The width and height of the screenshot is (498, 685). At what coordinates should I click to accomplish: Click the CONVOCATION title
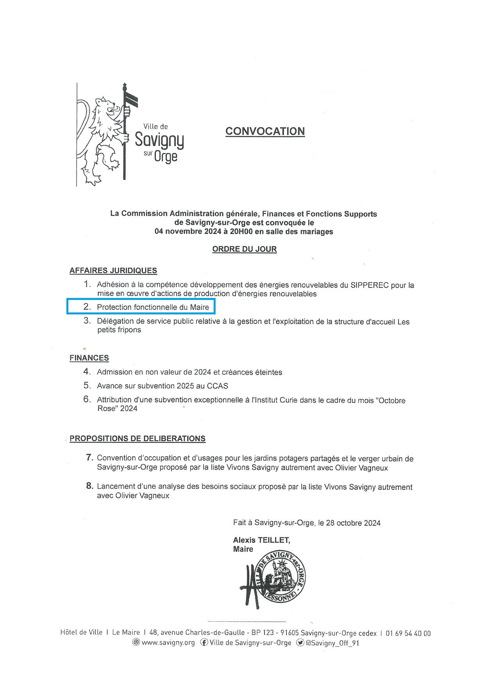(265, 131)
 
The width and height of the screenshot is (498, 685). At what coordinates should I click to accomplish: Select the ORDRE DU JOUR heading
(245, 249)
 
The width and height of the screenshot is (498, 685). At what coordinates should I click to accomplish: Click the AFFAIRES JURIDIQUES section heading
(113, 271)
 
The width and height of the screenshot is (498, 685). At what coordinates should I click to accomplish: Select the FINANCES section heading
(89, 358)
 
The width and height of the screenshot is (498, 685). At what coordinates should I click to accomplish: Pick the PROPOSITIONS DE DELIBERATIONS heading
(137, 439)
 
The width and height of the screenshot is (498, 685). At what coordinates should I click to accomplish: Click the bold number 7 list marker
(89, 457)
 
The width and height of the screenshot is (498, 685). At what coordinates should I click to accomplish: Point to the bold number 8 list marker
(89, 486)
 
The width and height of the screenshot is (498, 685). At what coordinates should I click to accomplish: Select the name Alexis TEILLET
(261, 540)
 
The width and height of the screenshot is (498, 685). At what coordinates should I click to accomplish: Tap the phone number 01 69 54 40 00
(408, 633)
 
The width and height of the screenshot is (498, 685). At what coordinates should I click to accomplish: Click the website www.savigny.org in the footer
(168, 643)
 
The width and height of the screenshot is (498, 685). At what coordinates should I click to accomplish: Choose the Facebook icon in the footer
(204, 642)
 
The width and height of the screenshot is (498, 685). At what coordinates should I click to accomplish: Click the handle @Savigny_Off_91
(332, 643)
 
